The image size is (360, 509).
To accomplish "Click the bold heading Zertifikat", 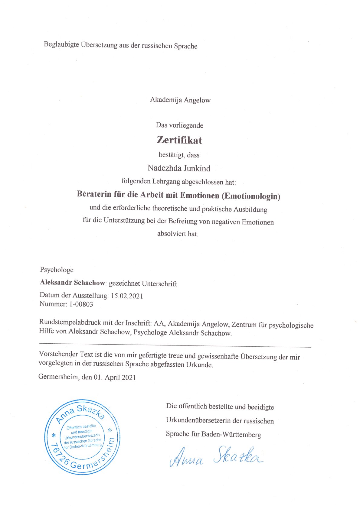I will coord(179,140).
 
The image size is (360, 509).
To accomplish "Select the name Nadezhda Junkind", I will coord(179,168).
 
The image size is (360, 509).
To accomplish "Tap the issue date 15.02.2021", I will coord(127,296).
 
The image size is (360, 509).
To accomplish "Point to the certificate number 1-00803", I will coord(81,304).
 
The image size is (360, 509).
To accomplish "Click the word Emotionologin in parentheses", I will coord(251,196).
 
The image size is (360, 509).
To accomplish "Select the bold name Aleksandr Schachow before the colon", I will coord(72,283).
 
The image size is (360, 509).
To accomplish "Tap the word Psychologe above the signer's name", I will coord(57,270).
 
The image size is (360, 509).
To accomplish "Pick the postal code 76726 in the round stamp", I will coord(60,453).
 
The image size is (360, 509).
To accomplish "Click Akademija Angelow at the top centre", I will coord(180,100).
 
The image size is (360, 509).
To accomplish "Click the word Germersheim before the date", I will coord(58,377).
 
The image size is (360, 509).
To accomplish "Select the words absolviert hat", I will coord(178,234).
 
